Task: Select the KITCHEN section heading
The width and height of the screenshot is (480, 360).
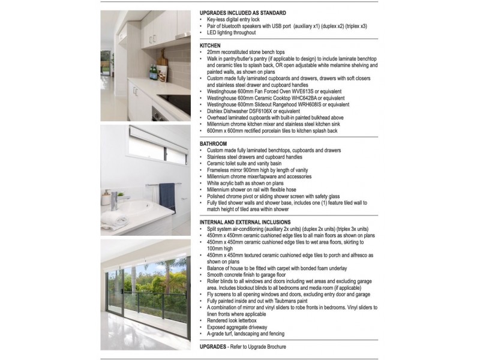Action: (210, 45)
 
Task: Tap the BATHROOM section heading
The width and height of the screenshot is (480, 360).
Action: (213, 144)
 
